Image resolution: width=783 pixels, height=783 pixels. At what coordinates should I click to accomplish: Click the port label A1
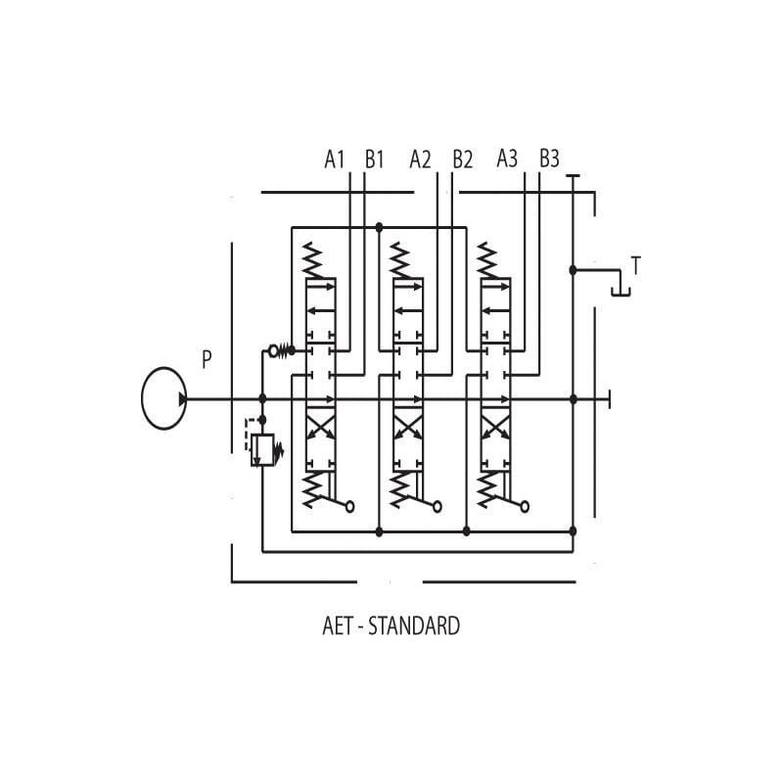(335, 159)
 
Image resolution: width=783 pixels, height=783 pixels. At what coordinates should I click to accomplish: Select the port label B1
(374, 159)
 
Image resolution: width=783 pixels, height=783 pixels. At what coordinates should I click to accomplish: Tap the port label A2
(420, 159)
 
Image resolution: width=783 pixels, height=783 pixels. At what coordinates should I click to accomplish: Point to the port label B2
(462, 159)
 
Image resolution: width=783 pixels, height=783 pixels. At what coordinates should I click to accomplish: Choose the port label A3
(507, 159)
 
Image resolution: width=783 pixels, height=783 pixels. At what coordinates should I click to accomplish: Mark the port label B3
(549, 159)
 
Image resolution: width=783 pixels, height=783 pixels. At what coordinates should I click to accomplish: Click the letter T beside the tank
(636, 265)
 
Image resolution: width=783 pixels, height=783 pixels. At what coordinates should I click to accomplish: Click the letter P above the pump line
(207, 359)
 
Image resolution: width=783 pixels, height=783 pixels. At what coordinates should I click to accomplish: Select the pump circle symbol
(163, 398)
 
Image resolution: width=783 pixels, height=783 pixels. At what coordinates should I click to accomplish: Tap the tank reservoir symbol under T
(620, 290)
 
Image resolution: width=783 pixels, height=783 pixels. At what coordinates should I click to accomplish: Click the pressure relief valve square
(262, 450)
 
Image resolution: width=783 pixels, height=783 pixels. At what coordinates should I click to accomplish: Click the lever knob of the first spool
(350, 506)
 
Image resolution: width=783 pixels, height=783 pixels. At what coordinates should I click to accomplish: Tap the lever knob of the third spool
(526, 506)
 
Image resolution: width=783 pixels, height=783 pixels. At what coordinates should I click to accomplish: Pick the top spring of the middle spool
(400, 260)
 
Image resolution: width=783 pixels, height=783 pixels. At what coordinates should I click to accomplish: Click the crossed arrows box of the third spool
(494, 428)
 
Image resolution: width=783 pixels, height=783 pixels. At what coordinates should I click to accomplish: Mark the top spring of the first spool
(313, 260)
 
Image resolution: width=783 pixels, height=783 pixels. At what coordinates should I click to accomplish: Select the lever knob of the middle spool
(438, 506)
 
